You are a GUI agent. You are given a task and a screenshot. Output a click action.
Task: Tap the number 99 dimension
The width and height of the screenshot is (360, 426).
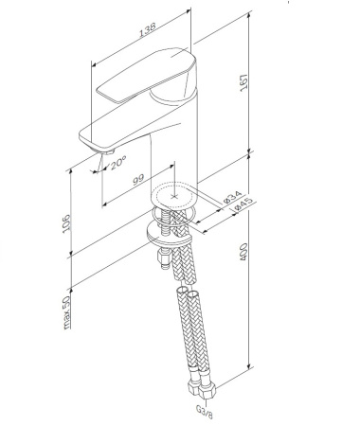(138, 177)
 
